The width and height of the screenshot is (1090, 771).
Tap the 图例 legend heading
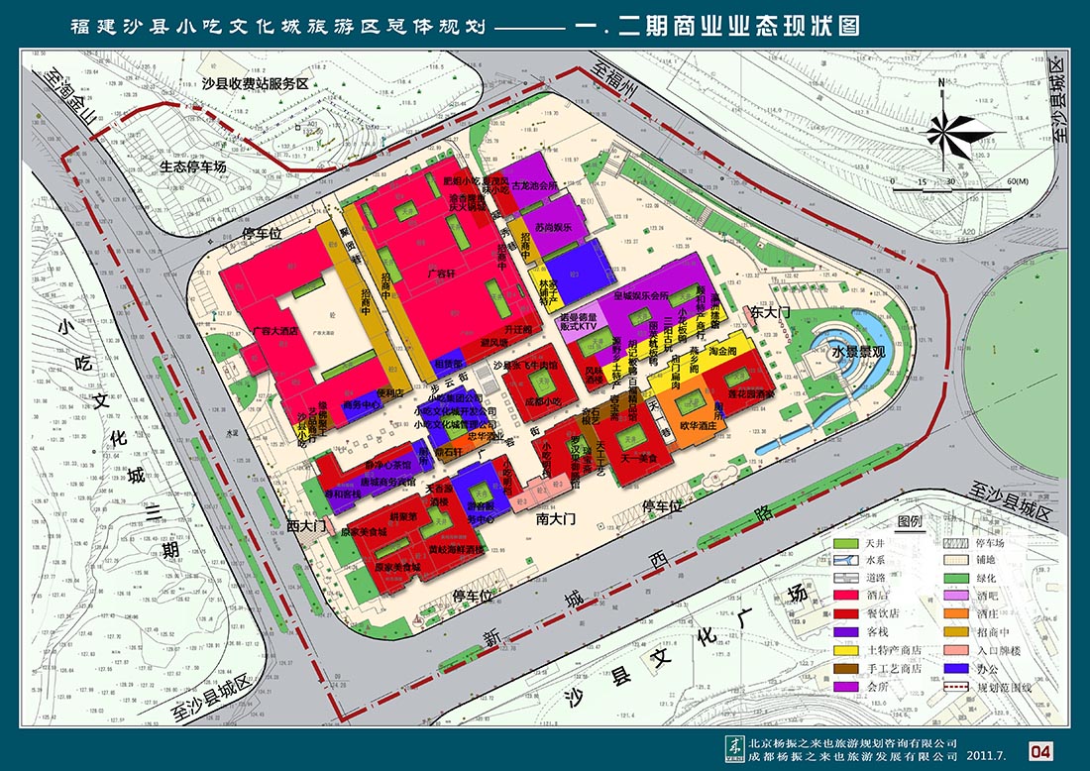[x=909, y=521]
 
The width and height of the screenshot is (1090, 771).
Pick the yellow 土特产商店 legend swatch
[x=845, y=650]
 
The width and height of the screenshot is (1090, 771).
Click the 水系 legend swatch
[x=845, y=561]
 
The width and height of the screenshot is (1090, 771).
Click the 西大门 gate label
[x=306, y=525]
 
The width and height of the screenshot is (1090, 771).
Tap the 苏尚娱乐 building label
[x=555, y=228]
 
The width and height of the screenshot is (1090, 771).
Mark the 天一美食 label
[x=639, y=459]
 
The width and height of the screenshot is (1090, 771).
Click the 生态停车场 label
[x=193, y=166]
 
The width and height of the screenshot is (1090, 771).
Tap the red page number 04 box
[x=1040, y=752]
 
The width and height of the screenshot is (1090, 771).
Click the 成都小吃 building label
[x=542, y=402]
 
